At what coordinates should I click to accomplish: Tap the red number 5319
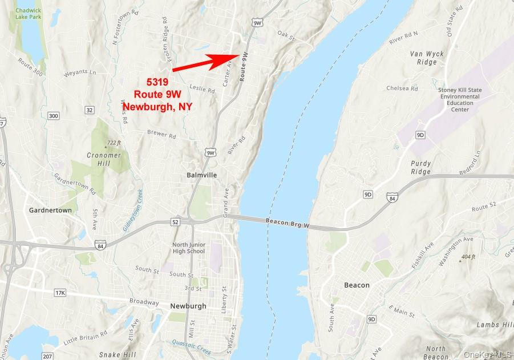[157, 82]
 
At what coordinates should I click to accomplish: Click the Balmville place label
[202, 175]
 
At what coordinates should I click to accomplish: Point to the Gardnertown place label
[51, 210]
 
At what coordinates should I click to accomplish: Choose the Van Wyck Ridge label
[423, 58]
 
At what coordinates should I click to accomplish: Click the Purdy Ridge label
[421, 168]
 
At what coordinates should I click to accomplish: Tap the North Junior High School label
[188, 248]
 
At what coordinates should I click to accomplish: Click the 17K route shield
[60, 293]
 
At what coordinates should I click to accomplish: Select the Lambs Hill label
[495, 325]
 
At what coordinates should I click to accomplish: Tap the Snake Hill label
[117, 354]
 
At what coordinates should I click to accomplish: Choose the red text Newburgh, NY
[157, 106]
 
